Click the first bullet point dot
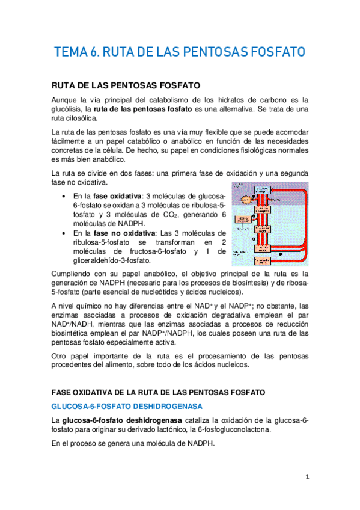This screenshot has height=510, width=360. (64, 197)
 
